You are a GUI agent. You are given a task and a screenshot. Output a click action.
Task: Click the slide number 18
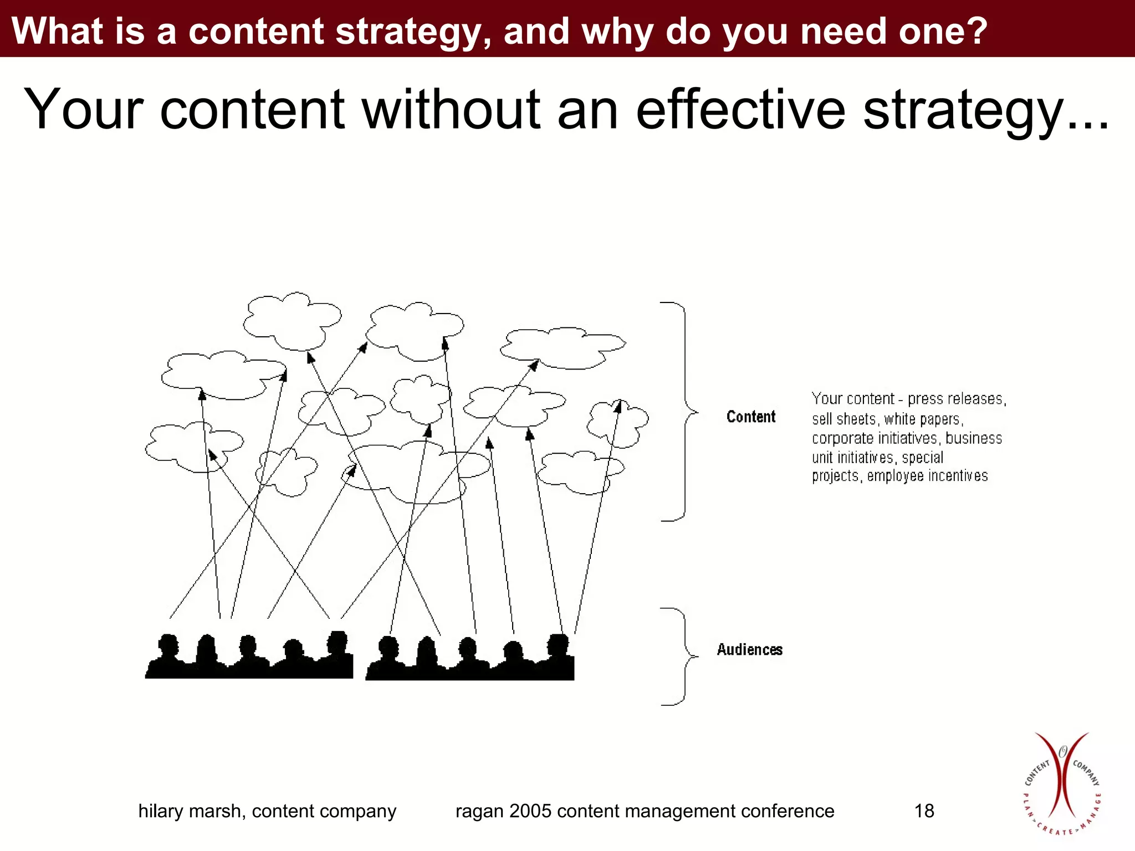924,811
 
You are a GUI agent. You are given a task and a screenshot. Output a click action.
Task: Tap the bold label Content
751,417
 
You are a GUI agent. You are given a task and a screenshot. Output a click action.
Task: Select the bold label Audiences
749,649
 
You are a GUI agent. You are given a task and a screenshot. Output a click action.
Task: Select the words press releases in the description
956,399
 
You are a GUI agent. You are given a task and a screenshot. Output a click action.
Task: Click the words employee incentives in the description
927,476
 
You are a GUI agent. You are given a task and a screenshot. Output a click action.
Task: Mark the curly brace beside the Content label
684,412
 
